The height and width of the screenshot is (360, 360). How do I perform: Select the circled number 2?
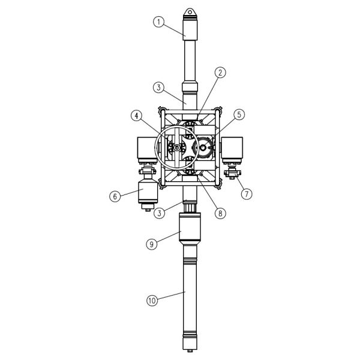(220, 72)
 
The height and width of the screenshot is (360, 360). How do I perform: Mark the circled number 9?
(152, 244)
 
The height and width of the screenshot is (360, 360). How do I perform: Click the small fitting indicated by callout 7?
(231, 175)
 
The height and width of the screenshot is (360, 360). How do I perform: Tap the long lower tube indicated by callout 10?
(189, 300)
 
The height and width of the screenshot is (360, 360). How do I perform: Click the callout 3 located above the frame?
(158, 87)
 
